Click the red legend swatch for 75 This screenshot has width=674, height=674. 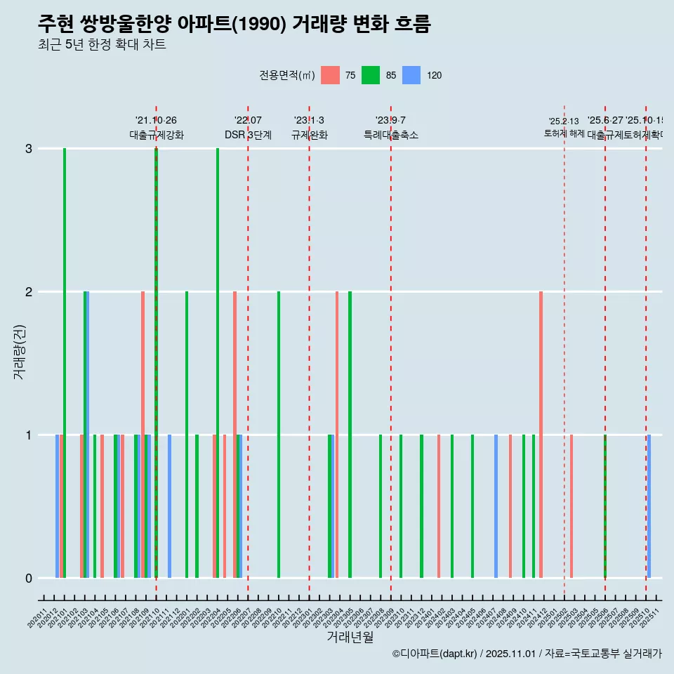pyautogui.click(x=330, y=75)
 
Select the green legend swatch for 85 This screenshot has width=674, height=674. pyautogui.click(x=371, y=75)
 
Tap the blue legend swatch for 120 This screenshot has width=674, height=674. pyautogui.click(x=411, y=75)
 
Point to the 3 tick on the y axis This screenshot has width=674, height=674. pyautogui.click(x=29, y=149)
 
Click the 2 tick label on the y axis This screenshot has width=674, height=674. pyautogui.click(x=29, y=292)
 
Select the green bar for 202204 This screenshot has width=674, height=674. pyautogui.click(x=218, y=363)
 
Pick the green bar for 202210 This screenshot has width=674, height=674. pyautogui.click(x=279, y=435)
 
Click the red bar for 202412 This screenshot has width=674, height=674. pyautogui.click(x=541, y=435)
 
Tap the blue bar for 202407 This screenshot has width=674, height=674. pyautogui.click(x=496, y=506)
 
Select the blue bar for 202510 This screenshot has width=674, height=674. pyautogui.click(x=649, y=506)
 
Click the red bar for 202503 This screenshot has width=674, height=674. pyautogui.click(x=571, y=506)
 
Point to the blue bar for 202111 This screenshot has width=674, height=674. pyautogui.click(x=169, y=506)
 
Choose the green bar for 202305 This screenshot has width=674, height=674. pyautogui.click(x=350, y=435)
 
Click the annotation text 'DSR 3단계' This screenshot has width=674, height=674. pyautogui.click(x=248, y=135)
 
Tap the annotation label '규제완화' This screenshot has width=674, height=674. pyautogui.click(x=309, y=135)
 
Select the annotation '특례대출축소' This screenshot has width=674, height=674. pyautogui.click(x=391, y=135)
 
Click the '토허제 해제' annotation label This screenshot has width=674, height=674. pyautogui.click(x=564, y=133)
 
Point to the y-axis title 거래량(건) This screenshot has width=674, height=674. pyautogui.click(x=19, y=352)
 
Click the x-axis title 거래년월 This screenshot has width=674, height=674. pyautogui.click(x=350, y=637)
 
